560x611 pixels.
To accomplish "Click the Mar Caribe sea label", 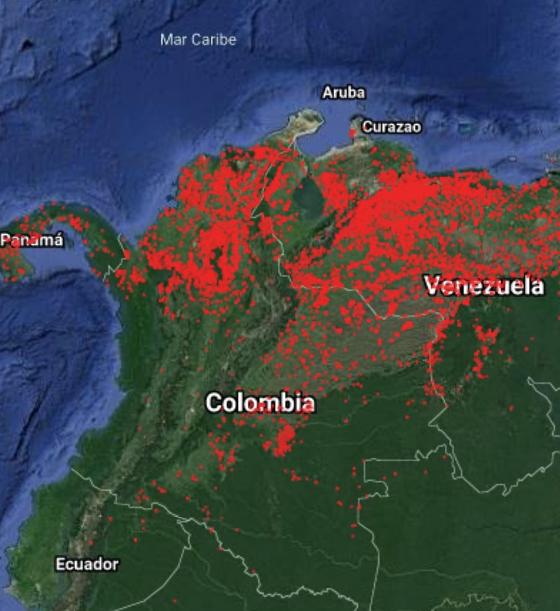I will click(x=198, y=39).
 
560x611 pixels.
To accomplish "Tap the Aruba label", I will click(x=344, y=93).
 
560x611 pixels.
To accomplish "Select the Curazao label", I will click(x=391, y=127).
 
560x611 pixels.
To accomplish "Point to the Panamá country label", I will click(x=32, y=241).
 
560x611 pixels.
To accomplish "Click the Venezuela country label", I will click(x=484, y=286).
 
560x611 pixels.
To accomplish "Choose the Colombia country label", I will click(x=260, y=403).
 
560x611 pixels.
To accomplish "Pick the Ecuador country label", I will click(x=87, y=564).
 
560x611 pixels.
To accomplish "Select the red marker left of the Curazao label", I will click(x=353, y=133).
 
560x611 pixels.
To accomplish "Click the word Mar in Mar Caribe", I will click(x=171, y=39).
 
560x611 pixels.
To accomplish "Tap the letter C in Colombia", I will click(x=213, y=403).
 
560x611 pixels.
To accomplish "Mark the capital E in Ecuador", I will click(x=59, y=564).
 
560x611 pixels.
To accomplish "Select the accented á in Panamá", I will click(x=59, y=241).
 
